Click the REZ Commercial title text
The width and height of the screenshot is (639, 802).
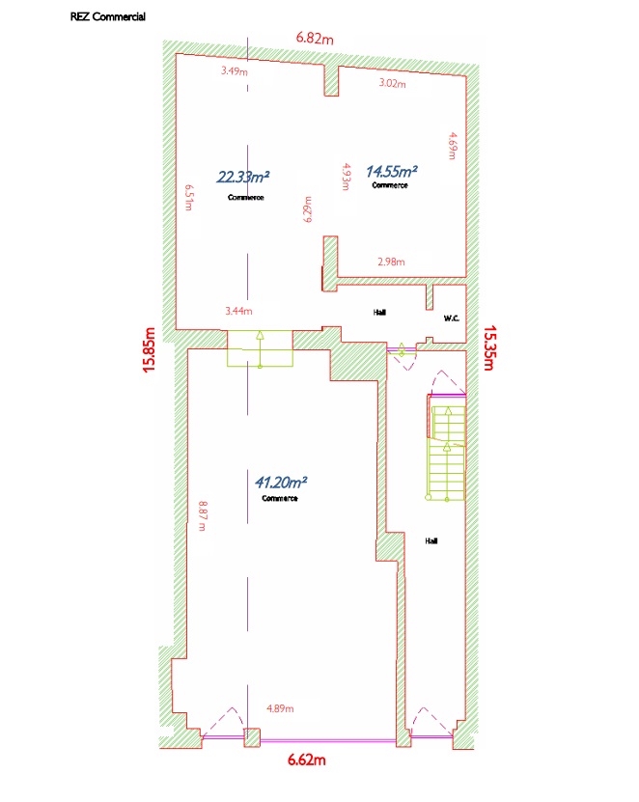[108, 16]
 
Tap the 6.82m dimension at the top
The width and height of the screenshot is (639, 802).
[315, 38]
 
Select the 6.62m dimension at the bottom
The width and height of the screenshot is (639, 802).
[306, 760]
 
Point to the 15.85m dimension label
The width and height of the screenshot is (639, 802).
[149, 350]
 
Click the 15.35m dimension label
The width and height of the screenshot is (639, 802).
[489, 347]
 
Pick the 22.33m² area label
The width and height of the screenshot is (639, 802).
[243, 177]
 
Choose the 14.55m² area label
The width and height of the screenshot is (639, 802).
[391, 172]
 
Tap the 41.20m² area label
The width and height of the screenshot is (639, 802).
[281, 483]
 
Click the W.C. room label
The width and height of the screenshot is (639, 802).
[451, 318]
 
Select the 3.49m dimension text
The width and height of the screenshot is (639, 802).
[235, 71]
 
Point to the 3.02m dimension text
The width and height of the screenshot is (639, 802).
[393, 83]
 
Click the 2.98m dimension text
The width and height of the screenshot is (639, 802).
[391, 262]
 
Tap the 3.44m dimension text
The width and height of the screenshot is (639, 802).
[239, 311]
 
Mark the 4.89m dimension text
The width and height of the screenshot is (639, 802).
[280, 708]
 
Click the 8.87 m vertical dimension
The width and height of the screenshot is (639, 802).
[203, 516]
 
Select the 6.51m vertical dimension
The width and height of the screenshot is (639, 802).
[189, 198]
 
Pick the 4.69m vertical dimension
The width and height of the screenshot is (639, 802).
[453, 147]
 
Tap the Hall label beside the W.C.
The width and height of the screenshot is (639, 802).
[379, 312]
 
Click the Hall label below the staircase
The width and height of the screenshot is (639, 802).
[431, 540]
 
